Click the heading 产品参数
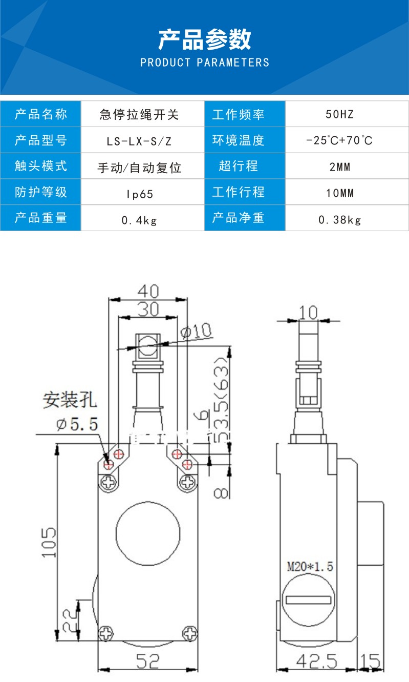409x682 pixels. [204, 39]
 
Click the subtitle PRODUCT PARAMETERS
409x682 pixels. [204, 63]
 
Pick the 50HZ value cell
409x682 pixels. [340, 114]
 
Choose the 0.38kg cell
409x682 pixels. [340, 220]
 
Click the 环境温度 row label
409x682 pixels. [238, 140]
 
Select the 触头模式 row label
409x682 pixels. [41, 167]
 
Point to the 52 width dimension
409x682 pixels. [147, 662]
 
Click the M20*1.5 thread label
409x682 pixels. [310, 567]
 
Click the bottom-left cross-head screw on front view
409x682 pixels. [106, 633]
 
